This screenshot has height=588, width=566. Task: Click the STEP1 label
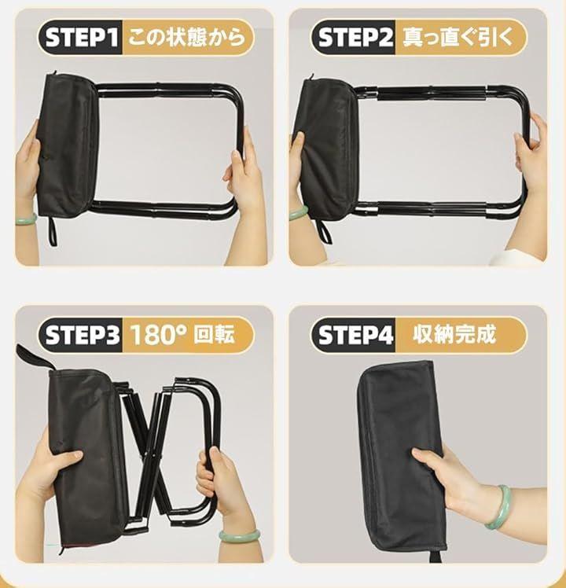(82, 38)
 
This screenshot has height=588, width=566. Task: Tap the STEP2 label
(355, 38)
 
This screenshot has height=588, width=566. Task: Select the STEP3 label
(82, 335)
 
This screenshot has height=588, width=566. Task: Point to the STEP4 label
(355, 335)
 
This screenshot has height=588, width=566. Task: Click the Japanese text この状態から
(186, 38)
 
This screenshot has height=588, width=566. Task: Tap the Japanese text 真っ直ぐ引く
(458, 38)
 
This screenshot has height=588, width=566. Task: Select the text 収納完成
(454, 334)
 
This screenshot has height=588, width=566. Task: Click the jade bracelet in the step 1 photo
(26, 219)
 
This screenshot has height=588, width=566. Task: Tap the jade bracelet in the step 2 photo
(299, 213)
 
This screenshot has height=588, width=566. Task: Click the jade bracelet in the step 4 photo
(499, 507)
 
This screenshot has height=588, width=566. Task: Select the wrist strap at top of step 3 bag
(35, 357)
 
